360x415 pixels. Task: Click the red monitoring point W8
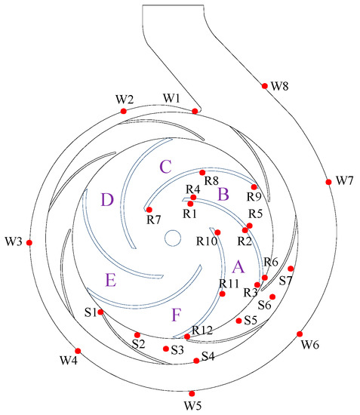[x=264, y=86]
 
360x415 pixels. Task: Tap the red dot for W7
[x=328, y=182]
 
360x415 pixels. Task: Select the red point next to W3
[x=29, y=242]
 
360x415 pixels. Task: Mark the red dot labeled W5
[x=192, y=393]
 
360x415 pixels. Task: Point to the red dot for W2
[x=124, y=112]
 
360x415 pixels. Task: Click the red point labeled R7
[x=149, y=210]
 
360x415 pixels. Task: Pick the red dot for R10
[x=217, y=232]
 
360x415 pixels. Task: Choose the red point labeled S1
[x=100, y=311]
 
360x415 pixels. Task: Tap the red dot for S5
[x=238, y=321]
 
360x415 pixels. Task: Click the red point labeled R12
[x=187, y=337]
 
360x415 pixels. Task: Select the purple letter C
[x=165, y=165]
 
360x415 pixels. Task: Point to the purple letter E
[x=111, y=281]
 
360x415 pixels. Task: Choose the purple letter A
[x=239, y=266]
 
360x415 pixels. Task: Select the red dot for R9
[x=254, y=186]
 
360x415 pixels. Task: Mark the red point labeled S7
[x=291, y=269]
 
